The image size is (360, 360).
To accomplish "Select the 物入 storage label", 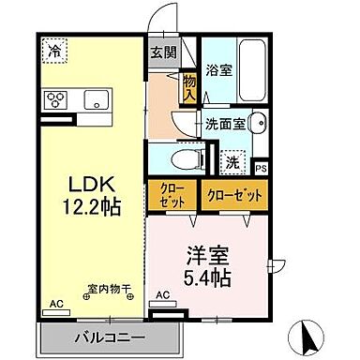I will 188,88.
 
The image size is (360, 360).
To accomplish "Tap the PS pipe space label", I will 261,168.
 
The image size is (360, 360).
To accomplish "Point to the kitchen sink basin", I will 97,100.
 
